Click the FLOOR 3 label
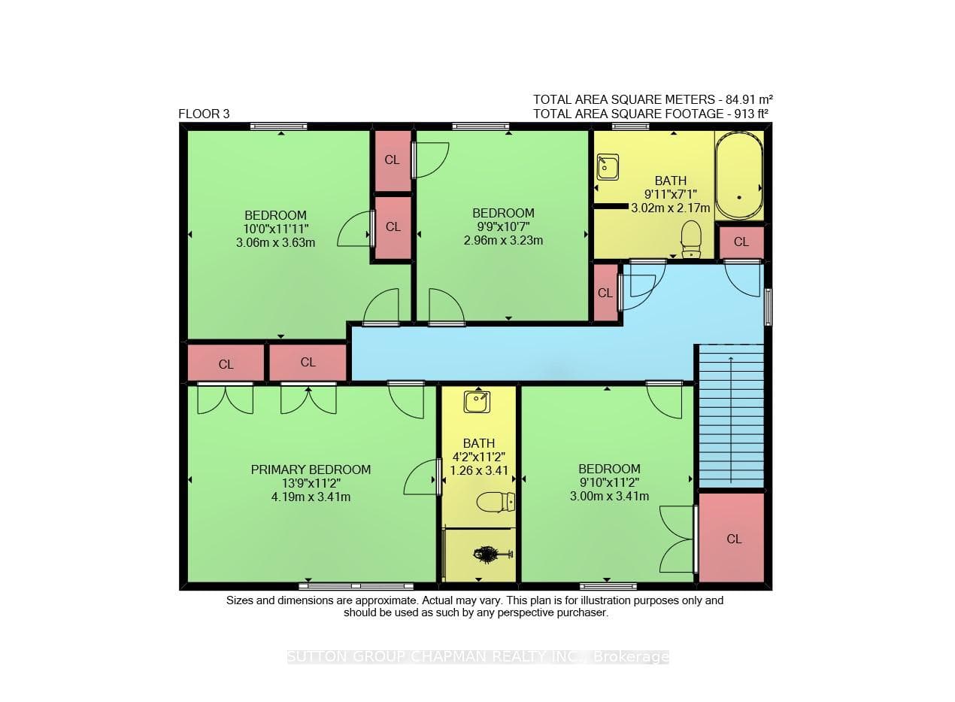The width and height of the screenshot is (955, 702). pyautogui.click(x=204, y=114)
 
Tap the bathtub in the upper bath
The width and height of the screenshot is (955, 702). pyautogui.click(x=739, y=175)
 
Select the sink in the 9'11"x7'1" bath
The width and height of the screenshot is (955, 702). pyautogui.click(x=608, y=167)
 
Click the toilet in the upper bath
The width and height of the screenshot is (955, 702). pyautogui.click(x=691, y=239)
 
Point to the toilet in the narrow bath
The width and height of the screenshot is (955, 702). pyautogui.click(x=496, y=502)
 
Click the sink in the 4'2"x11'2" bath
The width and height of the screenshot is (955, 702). pyautogui.click(x=477, y=402)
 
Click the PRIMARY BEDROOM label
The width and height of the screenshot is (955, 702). pyautogui.click(x=311, y=470)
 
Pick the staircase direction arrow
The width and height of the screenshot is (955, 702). pyautogui.click(x=731, y=419)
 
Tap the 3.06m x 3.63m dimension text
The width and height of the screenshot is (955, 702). pyautogui.click(x=275, y=243)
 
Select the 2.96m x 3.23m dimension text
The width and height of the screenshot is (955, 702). pyautogui.click(x=503, y=241)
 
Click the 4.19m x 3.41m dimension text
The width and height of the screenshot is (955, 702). pyautogui.click(x=311, y=497)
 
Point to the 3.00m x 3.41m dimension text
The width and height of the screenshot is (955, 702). pyautogui.click(x=609, y=496)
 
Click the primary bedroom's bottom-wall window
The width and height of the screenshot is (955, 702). pyautogui.click(x=356, y=586)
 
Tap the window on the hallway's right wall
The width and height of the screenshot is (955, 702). pyautogui.click(x=768, y=307)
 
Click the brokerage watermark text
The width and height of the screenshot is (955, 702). pyautogui.click(x=478, y=657)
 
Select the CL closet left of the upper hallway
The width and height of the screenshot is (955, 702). pyautogui.click(x=605, y=293)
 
